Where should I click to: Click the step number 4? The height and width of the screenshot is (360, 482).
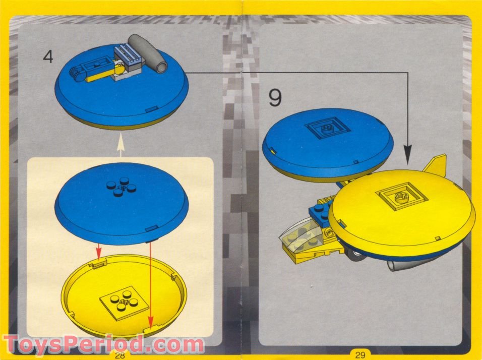pyautogui.click(x=48, y=56)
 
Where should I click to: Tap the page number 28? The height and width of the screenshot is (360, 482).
pyautogui.click(x=119, y=355)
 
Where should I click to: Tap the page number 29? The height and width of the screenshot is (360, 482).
pyautogui.click(x=359, y=355)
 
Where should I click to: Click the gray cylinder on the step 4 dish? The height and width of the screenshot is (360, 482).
pyautogui.click(x=147, y=52)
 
